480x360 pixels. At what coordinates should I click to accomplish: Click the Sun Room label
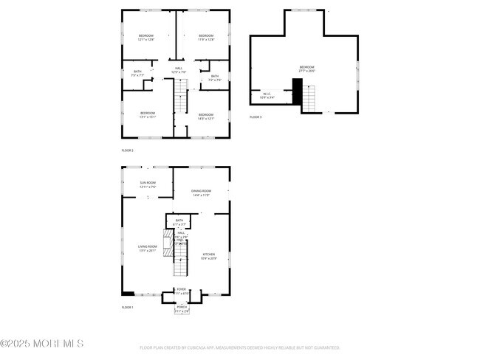pyautogui.click(x=148, y=184)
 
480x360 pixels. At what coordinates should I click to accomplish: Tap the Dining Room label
pyautogui.click(x=201, y=193)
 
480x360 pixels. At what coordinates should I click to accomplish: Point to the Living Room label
pyautogui.click(x=148, y=249)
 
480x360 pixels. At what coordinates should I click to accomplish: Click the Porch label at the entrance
pyautogui.click(x=182, y=308)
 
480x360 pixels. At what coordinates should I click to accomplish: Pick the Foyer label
pyautogui.click(x=182, y=291)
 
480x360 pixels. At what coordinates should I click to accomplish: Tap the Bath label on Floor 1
pyautogui.click(x=179, y=222)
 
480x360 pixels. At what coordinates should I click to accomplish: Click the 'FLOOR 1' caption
pyautogui.click(x=127, y=307)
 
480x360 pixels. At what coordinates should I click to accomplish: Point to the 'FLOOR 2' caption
pyautogui.click(x=127, y=150)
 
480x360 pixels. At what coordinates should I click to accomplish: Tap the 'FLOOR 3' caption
pyautogui.click(x=256, y=117)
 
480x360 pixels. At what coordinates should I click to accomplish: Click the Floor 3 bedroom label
pyautogui.click(x=306, y=69)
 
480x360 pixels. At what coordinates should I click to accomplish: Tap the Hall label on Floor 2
pyautogui.click(x=179, y=70)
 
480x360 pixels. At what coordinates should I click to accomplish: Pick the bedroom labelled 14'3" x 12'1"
pyautogui.click(x=205, y=117)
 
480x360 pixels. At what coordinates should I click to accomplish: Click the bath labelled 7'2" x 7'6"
pyautogui.click(x=215, y=77)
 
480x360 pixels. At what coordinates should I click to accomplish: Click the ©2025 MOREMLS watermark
pyautogui.click(x=42, y=344)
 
